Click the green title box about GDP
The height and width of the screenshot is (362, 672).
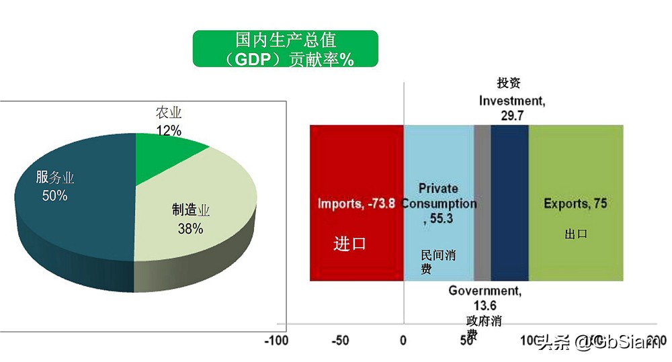285,49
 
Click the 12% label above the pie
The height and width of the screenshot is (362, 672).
169,130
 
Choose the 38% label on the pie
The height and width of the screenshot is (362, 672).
190,228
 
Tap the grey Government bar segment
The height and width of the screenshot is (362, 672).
482,201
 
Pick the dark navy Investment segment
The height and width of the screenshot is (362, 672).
509,201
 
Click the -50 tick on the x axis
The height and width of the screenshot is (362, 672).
341,340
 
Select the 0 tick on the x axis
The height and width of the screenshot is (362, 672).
403,340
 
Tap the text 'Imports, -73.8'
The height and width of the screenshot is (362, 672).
356,203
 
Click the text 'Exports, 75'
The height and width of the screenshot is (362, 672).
575,203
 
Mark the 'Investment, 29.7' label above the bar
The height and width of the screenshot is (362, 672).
512,107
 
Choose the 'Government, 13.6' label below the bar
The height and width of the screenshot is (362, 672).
485,298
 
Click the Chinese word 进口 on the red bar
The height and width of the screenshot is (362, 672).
349,243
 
